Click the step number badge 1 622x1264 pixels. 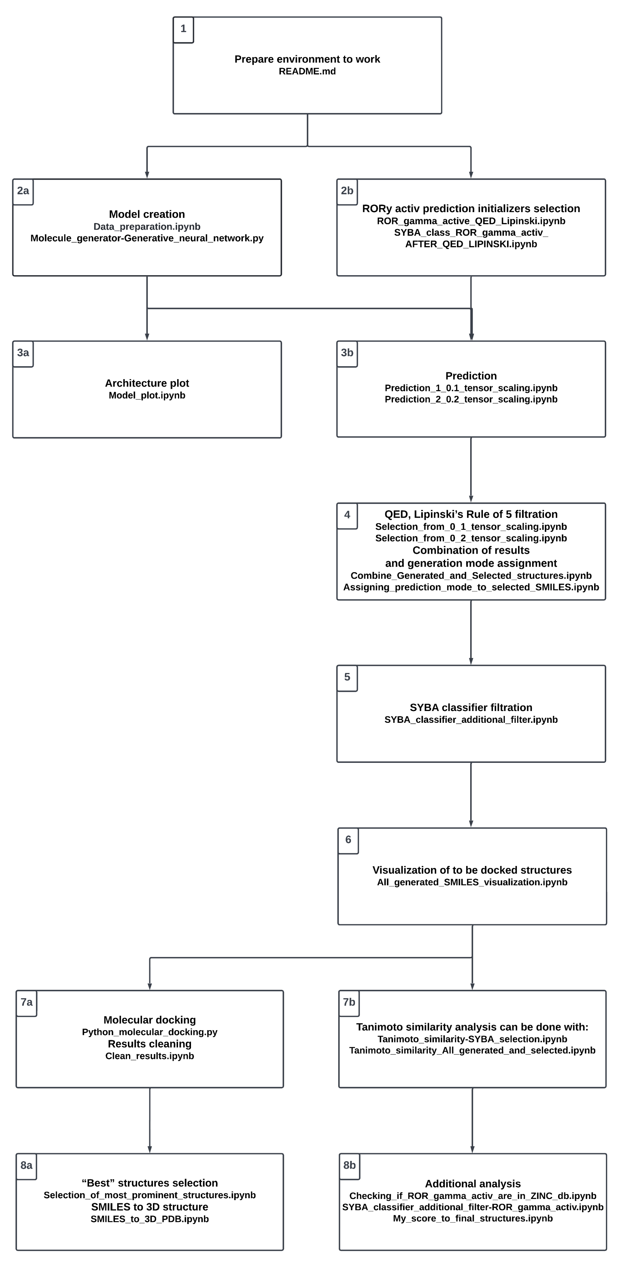[x=183, y=30]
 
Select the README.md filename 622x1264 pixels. [x=307, y=71]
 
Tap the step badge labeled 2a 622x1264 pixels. [x=23, y=191]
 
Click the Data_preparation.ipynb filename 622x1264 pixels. [x=147, y=227]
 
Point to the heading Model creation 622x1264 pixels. [x=147, y=214]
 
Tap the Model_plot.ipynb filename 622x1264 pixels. [x=147, y=396]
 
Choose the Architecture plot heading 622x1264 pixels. [x=147, y=383]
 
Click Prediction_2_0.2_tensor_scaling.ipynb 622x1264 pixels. [x=471, y=399]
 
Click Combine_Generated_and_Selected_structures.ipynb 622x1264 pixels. [x=471, y=576]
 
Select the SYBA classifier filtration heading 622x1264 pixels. [x=471, y=708]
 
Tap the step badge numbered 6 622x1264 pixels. [x=348, y=839]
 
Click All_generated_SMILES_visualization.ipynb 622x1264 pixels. [x=472, y=882]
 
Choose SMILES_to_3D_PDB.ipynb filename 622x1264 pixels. [x=150, y=1219]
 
